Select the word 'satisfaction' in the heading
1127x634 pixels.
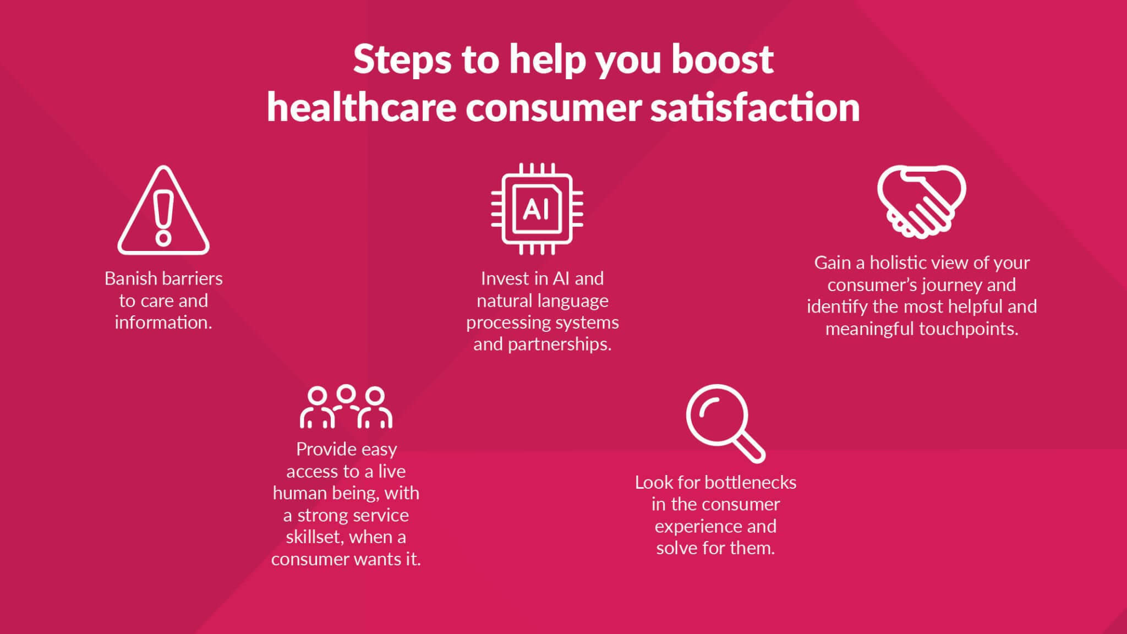tap(755, 107)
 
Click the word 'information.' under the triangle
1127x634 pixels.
tap(163, 323)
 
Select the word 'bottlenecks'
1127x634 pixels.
tap(750, 483)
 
